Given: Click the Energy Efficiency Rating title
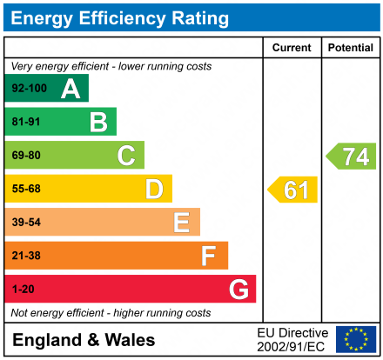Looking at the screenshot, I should (123, 17).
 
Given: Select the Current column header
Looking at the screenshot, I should (292, 48).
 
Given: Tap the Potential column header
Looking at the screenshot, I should (350, 48).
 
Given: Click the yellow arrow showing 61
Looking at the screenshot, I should (293, 190).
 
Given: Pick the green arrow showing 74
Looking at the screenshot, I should (352, 157).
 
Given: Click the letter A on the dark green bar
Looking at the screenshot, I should (71, 89).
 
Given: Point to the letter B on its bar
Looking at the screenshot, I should (98, 123).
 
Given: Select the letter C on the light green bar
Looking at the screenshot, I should (126, 156).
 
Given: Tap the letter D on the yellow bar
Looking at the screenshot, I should (154, 189).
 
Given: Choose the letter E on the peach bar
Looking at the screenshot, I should (181, 223).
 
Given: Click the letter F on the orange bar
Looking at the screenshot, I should (209, 256).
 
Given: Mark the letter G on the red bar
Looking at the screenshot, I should (238, 289).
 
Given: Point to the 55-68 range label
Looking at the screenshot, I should (26, 189).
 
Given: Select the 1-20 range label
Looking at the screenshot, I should (24, 289).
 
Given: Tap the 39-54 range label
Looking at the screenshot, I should (26, 223).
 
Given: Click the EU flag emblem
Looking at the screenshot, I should (356, 339).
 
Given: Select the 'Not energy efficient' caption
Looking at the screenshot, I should (110, 312).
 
